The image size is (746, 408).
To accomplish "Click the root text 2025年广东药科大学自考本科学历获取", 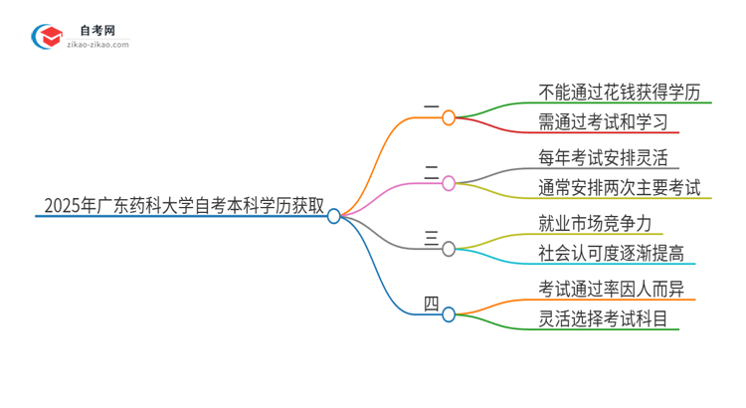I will [x=184, y=206].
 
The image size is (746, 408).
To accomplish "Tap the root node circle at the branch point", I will [x=334, y=215].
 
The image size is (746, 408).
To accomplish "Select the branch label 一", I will [x=431, y=106].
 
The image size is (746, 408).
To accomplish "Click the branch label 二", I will [x=431, y=172].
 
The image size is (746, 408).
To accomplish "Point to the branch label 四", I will [x=431, y=303].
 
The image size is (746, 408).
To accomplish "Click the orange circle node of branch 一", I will [x=449, y=117].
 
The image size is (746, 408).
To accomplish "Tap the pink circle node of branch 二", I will [x=449, y=183].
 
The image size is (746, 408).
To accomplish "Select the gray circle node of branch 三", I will [x=449, y=249].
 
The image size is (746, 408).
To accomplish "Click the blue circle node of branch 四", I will [x=449, y=313].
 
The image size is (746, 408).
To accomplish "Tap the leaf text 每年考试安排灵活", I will [x=603, y=157].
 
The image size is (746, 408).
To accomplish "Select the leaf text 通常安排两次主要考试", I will [x=619, y=187].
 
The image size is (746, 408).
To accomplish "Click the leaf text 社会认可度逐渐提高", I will [x=611, y=253].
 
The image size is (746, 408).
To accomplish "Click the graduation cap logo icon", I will [x=49, y=38].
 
